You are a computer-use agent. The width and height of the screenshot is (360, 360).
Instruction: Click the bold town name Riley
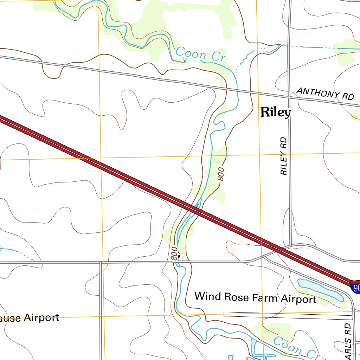(x=276, y=112)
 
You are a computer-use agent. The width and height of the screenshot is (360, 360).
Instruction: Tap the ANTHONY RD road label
(x=325, y=93)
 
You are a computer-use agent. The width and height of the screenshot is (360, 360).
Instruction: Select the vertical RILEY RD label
(x=284, y=156)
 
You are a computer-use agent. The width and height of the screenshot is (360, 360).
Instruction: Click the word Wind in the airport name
(x=204, y=296)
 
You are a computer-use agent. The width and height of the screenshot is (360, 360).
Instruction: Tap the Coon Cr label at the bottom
(x=295, y=348)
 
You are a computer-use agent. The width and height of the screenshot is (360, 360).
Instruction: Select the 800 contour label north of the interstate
(x=221, y=174)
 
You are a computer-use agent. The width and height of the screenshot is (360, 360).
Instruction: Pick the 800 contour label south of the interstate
(x=174, y=253)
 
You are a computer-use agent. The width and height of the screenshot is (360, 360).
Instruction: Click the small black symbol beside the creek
(x=179, y=256)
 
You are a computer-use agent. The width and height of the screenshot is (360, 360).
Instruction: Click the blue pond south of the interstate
(x=320, y=289)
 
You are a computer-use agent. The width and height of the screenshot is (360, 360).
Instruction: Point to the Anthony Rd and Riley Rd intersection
(x=289, y=96)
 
